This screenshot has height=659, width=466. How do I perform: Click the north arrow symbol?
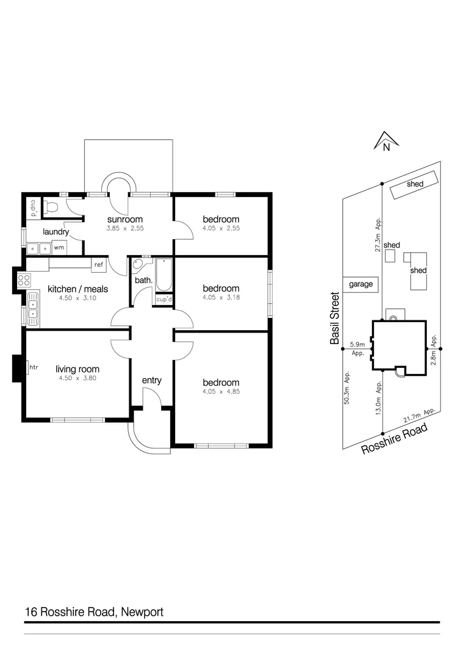coord(385,141)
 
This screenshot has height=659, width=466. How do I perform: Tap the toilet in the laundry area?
coord(52,207)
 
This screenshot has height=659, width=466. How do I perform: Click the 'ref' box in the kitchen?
coord(98,264)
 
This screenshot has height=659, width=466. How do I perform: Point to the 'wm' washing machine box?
coord(59,248)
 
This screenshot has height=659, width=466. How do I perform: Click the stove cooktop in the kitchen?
coord(24,281)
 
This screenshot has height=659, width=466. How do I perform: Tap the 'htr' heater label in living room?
coord(34,367)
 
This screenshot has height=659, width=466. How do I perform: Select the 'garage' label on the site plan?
coord(360,284)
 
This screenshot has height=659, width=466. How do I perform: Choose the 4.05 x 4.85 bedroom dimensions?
coord(221,392)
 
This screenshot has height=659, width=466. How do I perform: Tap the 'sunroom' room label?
coord(124,220)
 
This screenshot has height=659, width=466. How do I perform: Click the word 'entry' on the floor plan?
coord(151,380)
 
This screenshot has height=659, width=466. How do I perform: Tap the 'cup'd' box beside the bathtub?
coord(163,300)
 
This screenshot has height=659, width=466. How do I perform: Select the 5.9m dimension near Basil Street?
coord(357,345)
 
